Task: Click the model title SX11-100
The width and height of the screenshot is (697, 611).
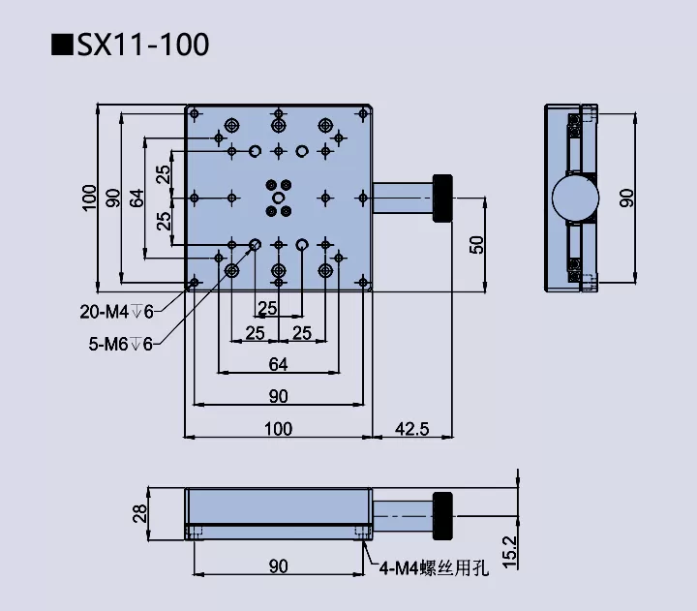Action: coord(143,45)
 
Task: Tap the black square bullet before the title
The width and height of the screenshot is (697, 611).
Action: coord(63,45)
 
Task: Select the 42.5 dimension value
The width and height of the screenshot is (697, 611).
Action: coord(411,429)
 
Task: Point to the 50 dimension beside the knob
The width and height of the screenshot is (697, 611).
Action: coord(476,244)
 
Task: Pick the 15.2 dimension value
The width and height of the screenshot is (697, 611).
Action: coord(510,551)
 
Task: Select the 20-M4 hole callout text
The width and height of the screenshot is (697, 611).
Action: coord(115,311)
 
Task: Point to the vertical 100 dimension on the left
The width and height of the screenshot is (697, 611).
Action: coord(89,198)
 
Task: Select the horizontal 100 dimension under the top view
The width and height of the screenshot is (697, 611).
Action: coord(278,429)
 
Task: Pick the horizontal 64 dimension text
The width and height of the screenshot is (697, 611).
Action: coord(278,364)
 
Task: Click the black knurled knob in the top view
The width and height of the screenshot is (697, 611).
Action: coord(443,198)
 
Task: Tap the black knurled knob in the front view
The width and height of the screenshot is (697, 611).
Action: coord(443,512)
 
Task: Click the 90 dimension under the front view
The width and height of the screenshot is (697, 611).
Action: coord(278,565)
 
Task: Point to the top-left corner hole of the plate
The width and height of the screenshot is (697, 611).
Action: coord(196,114)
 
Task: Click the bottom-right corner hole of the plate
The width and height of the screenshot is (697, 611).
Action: coord(361,282)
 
